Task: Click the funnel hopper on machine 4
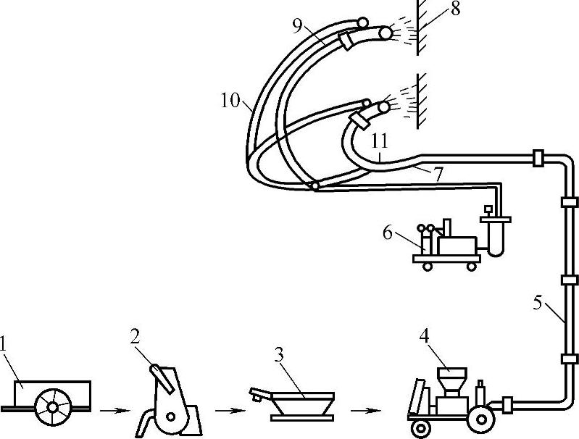point(451,378)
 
